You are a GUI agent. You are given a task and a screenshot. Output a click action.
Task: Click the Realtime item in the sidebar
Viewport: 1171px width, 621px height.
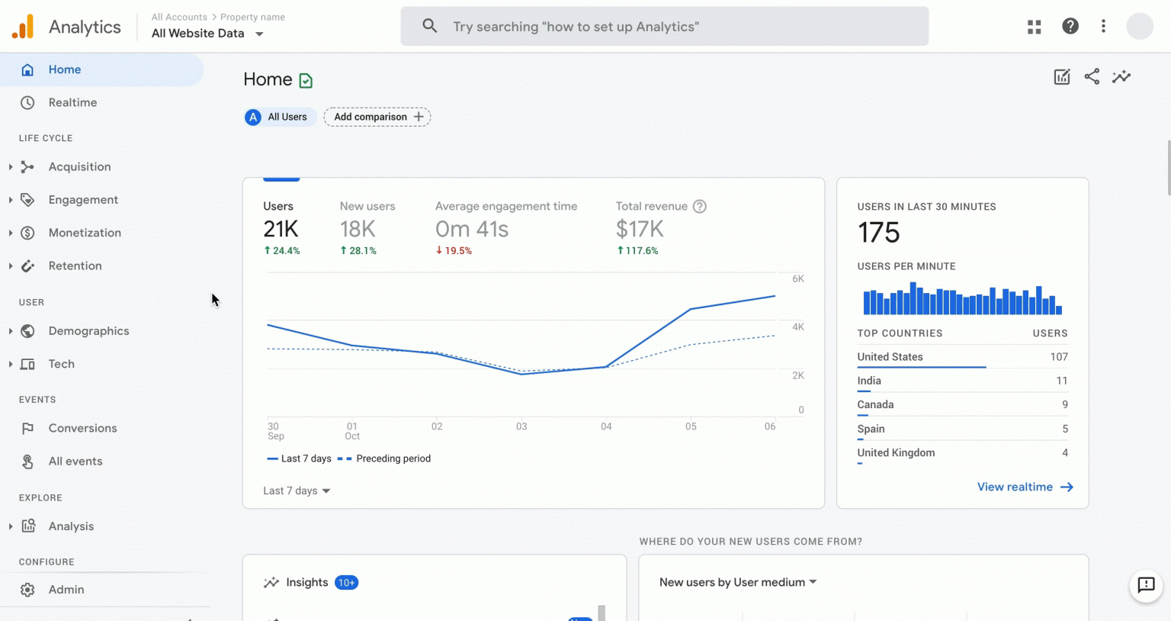click(72, 102)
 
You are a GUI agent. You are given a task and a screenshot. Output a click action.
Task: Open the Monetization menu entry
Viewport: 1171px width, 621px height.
click(85, 233)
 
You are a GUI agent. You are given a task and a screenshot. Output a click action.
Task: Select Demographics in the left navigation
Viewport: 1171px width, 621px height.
click(88, 331)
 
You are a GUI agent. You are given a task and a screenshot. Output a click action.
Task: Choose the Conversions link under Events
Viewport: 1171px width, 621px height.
click(82, 428)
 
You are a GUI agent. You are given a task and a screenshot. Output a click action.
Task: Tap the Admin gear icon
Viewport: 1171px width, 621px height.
click(27, 590)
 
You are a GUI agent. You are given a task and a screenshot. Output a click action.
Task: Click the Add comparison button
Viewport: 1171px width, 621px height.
click(377, 117)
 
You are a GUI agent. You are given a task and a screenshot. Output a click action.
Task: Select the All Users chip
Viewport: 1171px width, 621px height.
click(278, 117)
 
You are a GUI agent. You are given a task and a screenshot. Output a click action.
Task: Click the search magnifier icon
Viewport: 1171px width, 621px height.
click(430, 26)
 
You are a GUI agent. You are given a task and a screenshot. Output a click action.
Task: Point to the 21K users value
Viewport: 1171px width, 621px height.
click(281, 229)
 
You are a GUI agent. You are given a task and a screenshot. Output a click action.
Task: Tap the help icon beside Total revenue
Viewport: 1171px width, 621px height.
click(700, 206)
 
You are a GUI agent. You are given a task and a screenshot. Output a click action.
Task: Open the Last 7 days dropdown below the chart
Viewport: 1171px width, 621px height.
click(297, 491)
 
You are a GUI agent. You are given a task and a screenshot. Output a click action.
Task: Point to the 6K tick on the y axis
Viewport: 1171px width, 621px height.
click(798, 279)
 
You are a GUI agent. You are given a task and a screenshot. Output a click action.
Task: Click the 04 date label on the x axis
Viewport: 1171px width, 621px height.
click(606, 426)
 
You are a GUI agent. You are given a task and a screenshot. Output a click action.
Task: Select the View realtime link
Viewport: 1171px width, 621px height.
click(1025, 487)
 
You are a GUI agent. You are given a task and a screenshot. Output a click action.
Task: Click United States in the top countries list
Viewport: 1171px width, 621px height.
click(890, 357)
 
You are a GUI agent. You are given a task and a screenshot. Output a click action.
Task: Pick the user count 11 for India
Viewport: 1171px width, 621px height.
click(1061, 381)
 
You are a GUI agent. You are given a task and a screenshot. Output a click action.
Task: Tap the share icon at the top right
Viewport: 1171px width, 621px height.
click(1092, 76)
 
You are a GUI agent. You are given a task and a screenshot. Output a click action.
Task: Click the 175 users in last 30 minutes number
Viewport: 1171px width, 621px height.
click(879, 233)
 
